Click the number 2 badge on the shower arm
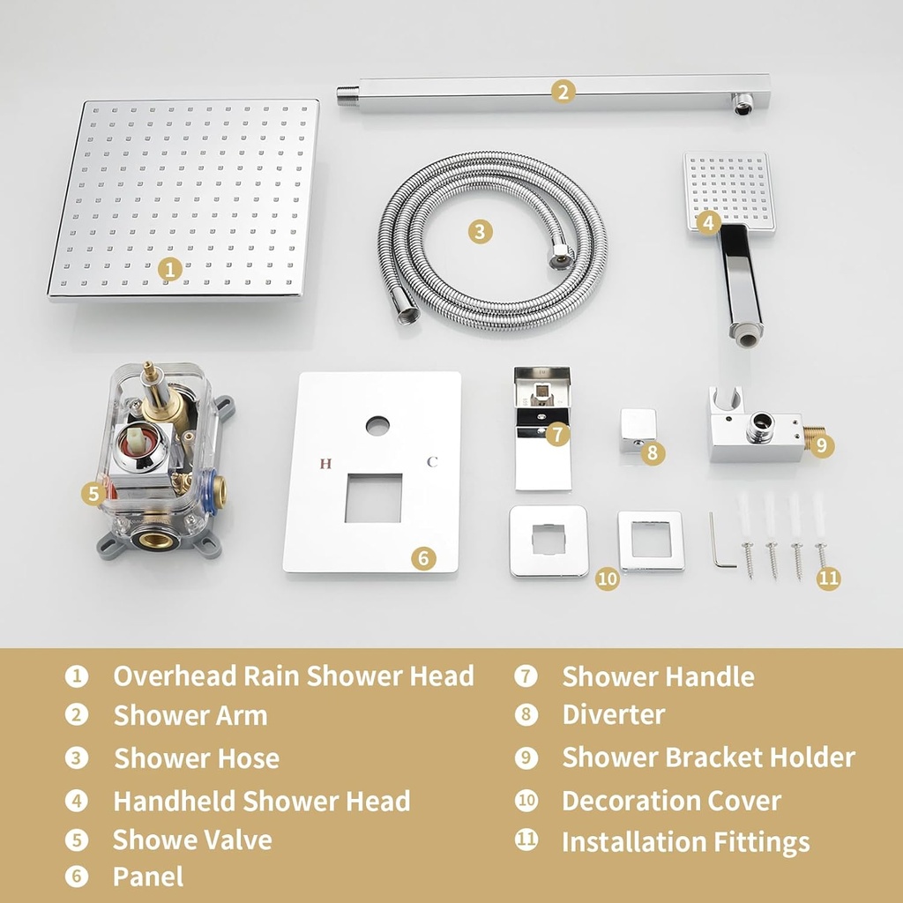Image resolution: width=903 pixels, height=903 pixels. [x=564, y=91]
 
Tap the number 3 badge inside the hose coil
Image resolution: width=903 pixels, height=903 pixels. [x=479, y=231]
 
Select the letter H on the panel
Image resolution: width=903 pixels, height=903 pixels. [x=325, y=464]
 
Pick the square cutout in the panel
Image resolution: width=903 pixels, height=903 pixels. [x=373, y=497]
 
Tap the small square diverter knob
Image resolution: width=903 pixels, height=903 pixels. [x=637, y=429]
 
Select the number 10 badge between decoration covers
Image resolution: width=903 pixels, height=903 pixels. [x=608, y=579]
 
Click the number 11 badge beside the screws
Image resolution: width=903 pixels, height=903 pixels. [x=828, y=578]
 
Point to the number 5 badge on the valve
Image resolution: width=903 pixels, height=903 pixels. [x=94, y=494]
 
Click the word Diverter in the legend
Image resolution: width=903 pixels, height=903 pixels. [x=613, y=714]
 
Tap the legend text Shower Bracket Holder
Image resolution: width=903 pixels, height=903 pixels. [x=708, y=757]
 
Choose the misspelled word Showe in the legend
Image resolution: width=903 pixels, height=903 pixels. [x=146, y=840]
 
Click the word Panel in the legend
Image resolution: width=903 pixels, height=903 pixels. [x=148, y=877]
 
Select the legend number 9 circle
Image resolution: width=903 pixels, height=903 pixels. [x=526, y=757]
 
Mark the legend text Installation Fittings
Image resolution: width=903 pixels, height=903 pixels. [x=685, y=842]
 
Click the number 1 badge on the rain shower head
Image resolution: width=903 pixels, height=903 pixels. [x=171, y=270]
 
